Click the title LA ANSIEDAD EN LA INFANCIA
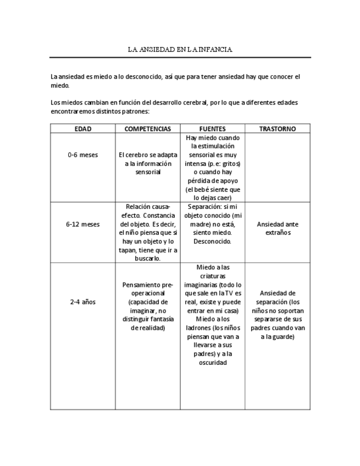click(180, 49)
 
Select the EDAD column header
click(82, 129)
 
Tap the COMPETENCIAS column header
click(147, 129)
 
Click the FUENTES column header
click(212, 129)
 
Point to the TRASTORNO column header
click(278, 129)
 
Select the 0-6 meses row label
click(82, 155)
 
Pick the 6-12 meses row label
click(82, 224)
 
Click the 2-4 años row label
click(82, 302)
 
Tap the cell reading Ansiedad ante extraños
click(278, 228)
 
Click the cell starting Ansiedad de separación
click(278, 314)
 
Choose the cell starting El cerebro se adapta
click(147, 163)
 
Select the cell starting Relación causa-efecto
click(147, 232)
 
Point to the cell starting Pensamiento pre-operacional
click(147, 306)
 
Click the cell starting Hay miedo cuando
click(212, 168)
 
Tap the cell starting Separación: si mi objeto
click(212, 224)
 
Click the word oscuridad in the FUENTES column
click(212, 363)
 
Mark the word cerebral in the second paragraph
click(193, 103)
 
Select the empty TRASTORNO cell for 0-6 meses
click(278, 168)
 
